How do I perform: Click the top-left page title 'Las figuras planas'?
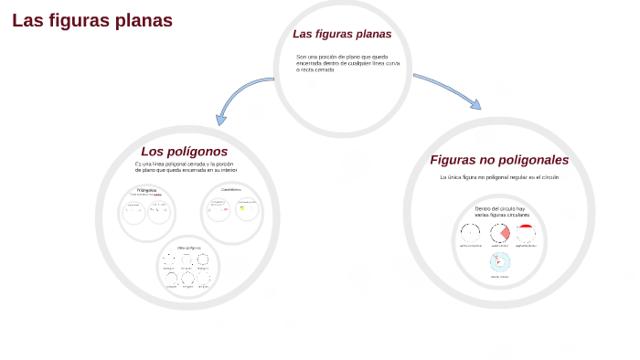[92, 20]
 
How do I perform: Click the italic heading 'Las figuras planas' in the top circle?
[342, 34]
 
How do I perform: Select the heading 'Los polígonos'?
[184, 151]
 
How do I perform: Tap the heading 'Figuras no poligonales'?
[499, 160]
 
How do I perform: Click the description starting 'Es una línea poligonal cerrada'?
[186, 166]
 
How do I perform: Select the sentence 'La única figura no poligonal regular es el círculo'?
[498, 177]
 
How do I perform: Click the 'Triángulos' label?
[146, 190]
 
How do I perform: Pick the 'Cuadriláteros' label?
[230, 190]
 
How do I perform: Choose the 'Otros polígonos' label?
[188, 248]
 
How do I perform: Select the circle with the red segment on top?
[526, 232]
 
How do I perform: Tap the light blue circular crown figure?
[500, 263]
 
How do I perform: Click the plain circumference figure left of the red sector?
[470, 233]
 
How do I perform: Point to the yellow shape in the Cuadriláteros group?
[242, 208]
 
